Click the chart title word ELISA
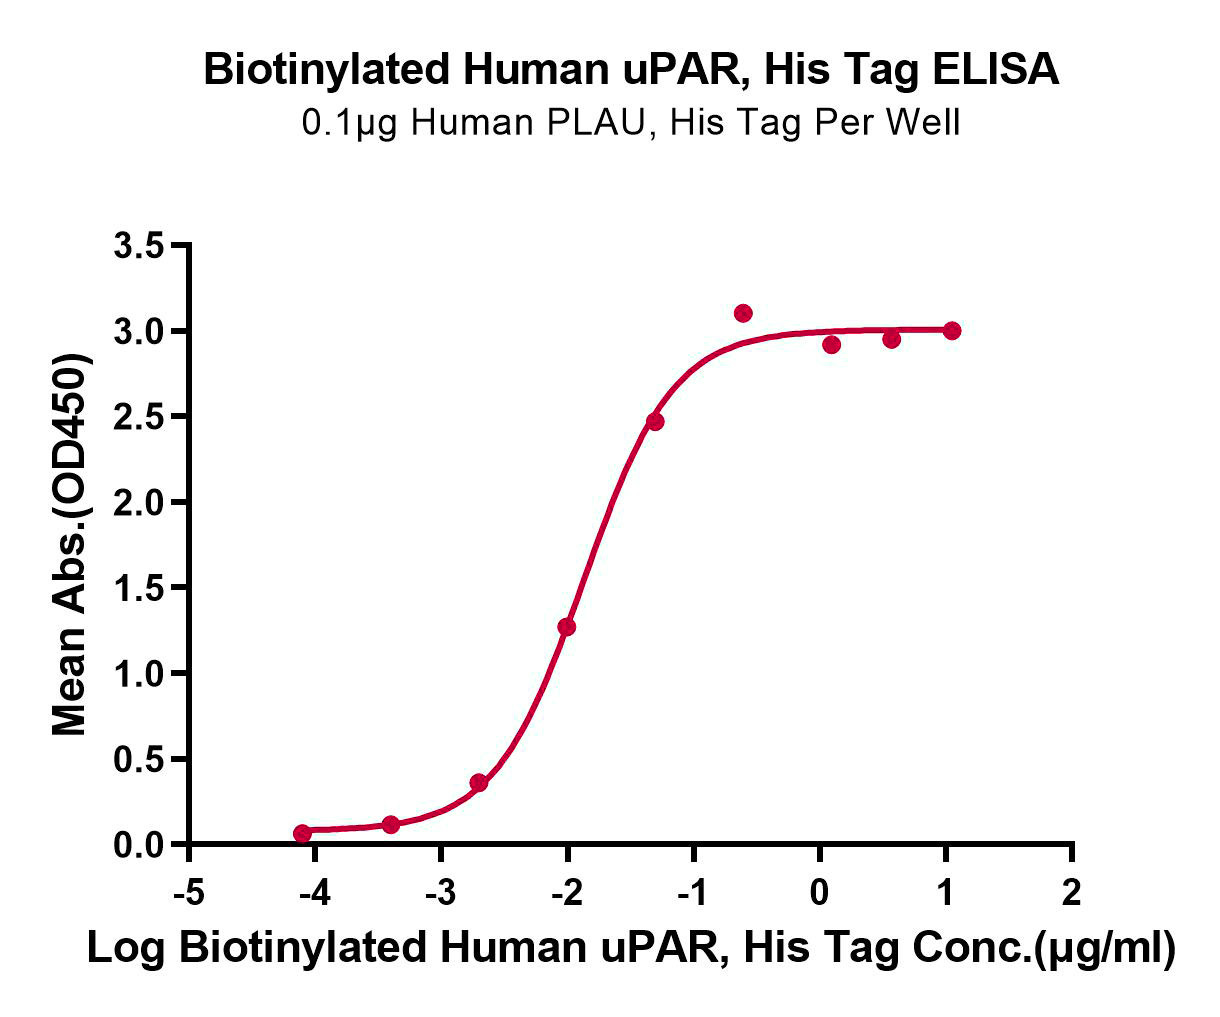tap(995, 70)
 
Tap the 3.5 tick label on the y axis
tap(138, 245)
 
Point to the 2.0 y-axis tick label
tap(138, 502)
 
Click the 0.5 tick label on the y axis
tap(138, 759)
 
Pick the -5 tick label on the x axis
tap(189, 894)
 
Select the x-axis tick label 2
tap(1071, 894)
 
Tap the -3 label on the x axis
tap(441, 894)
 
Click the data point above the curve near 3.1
tap(743, 313)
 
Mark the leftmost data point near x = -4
tap(302, 833)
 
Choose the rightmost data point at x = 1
tap(952, 331)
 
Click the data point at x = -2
tap(566, 627)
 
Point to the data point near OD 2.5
tap(655, 421)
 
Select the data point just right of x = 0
tap(831, 345)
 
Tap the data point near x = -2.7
tap(479, 782)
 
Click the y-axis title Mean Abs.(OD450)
tap(71, 544)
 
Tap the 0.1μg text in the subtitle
tap(349, 123)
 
